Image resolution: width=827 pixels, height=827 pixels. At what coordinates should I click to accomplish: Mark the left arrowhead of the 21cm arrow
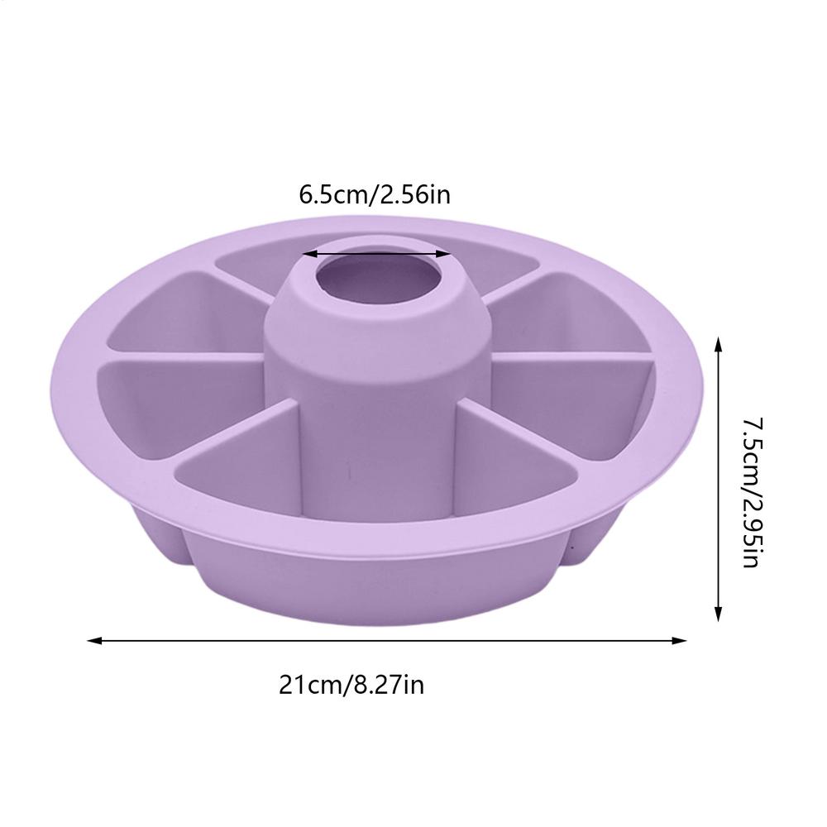pyautogui.click(x=93, y=640)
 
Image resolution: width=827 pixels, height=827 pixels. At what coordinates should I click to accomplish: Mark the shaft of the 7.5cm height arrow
pyautogui.click(x=719, y=480)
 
